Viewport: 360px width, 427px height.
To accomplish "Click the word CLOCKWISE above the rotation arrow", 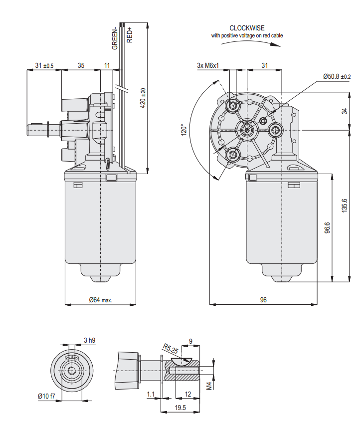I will coord(247,28).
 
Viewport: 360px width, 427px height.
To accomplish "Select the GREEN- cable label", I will coord(115,37).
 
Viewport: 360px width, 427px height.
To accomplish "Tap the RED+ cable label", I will coord(129,34).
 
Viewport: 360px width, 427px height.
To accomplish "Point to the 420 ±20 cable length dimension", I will coord(143,98).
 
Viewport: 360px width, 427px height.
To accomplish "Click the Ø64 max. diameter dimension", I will coord(101,300).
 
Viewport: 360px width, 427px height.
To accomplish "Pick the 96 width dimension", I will coord(263,300).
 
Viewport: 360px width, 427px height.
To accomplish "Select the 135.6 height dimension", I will coord(344,205).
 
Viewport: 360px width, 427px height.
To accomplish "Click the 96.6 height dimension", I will coord(327,227).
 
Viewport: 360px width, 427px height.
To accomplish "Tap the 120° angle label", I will coord(183,130).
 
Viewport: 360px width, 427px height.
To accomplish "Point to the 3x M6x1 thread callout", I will coord(208,65).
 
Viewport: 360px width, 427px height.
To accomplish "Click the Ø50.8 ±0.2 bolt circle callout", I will coord(337,76).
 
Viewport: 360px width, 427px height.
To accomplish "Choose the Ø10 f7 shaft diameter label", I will coord(46,396).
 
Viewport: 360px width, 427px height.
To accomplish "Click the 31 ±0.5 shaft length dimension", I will coord(44,66).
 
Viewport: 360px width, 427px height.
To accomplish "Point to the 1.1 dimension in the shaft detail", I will coord(151,394).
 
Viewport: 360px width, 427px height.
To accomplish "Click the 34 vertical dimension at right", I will coord(344,111).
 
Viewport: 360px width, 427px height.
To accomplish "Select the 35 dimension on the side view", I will coord(81,66).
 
